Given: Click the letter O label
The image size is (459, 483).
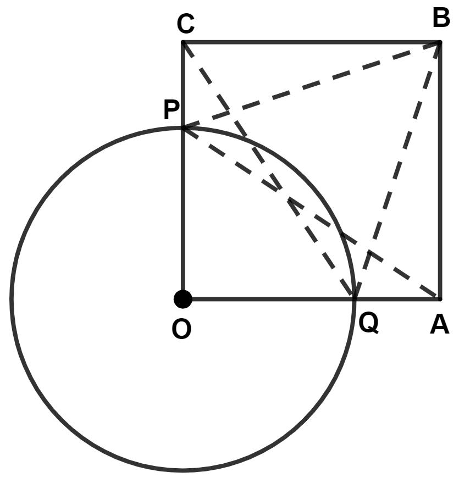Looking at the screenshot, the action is pos(181,329).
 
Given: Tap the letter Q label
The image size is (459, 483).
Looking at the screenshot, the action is pos(368,324).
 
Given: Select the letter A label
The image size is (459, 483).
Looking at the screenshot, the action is pos(439,326).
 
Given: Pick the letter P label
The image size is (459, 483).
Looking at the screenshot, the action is pos(171,112).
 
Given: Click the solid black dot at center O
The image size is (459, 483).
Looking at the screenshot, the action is pos(183,299).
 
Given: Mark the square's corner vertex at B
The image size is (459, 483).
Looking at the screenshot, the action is pos(439,42).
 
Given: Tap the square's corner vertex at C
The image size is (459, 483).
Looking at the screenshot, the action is pos(183,42).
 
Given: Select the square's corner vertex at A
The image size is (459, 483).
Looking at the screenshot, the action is pos(439,299).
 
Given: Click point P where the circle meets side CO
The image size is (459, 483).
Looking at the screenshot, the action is pos(183,128).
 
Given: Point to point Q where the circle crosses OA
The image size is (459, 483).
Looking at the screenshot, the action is pos(355,299).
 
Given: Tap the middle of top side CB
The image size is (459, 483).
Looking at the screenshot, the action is pos(311,42).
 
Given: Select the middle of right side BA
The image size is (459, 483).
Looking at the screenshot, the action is pos(439,170).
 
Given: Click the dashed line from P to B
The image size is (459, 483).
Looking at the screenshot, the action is pos(311,85).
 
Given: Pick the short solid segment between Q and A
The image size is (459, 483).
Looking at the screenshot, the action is pos(397,299).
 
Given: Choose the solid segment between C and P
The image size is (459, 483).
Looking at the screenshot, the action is pos(183,85).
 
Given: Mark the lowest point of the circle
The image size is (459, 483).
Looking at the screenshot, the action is pos(183,470).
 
